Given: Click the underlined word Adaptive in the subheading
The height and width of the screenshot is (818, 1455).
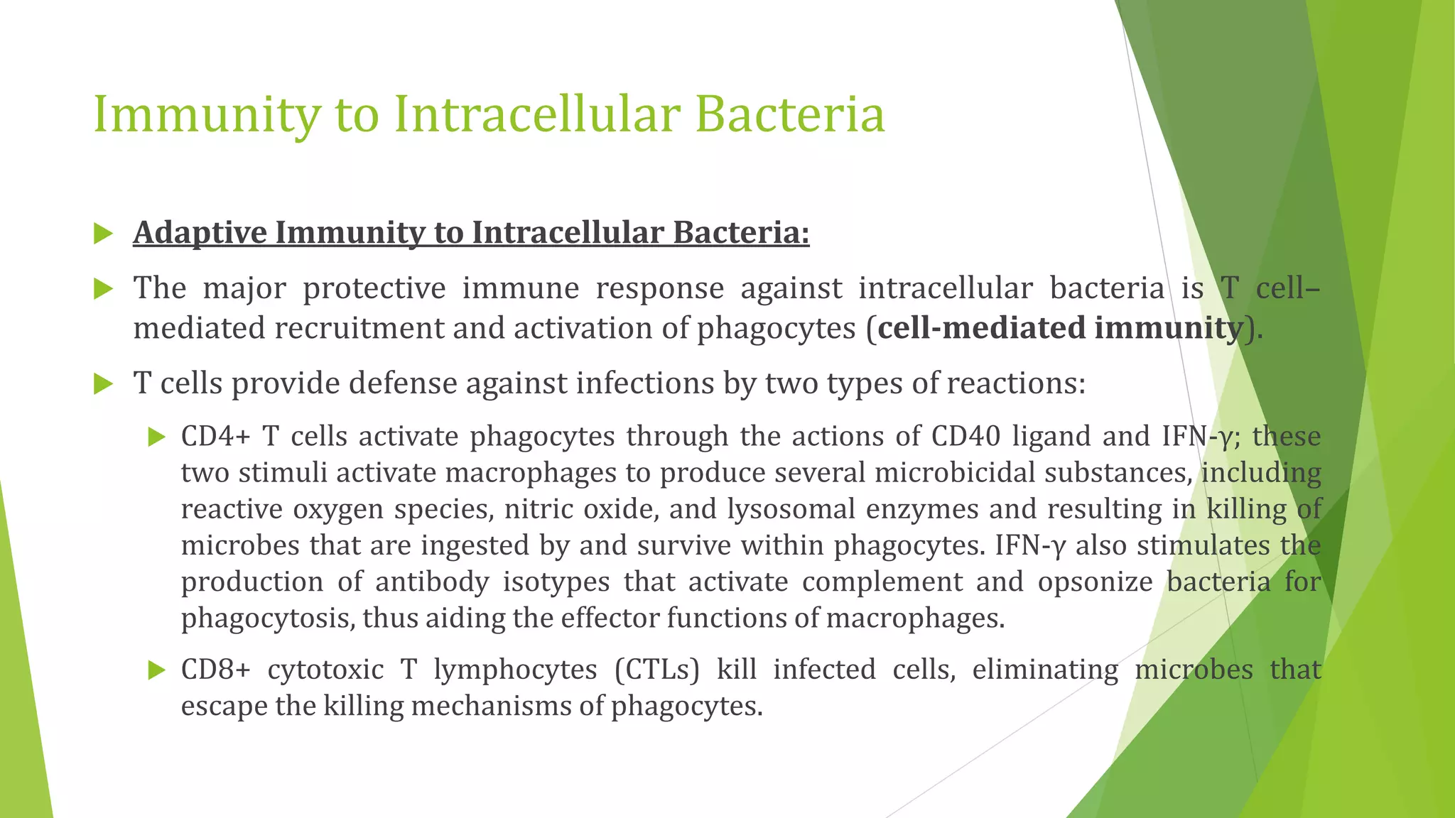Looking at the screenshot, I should click(x=200, y=233).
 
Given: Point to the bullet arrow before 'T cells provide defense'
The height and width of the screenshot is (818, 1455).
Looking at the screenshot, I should click(x=104, y=385).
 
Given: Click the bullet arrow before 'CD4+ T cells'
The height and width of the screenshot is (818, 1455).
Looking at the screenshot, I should click(x=156, y=437).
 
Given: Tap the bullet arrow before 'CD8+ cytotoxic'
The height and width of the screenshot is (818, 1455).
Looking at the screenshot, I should click(x=156, y=670).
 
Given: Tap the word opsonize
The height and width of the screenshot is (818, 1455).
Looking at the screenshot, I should click(x=1094, y=582).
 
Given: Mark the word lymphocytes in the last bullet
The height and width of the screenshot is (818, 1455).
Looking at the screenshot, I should click(x=515, y=670).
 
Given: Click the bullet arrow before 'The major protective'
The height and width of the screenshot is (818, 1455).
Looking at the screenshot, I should click(x=104, y=289).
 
